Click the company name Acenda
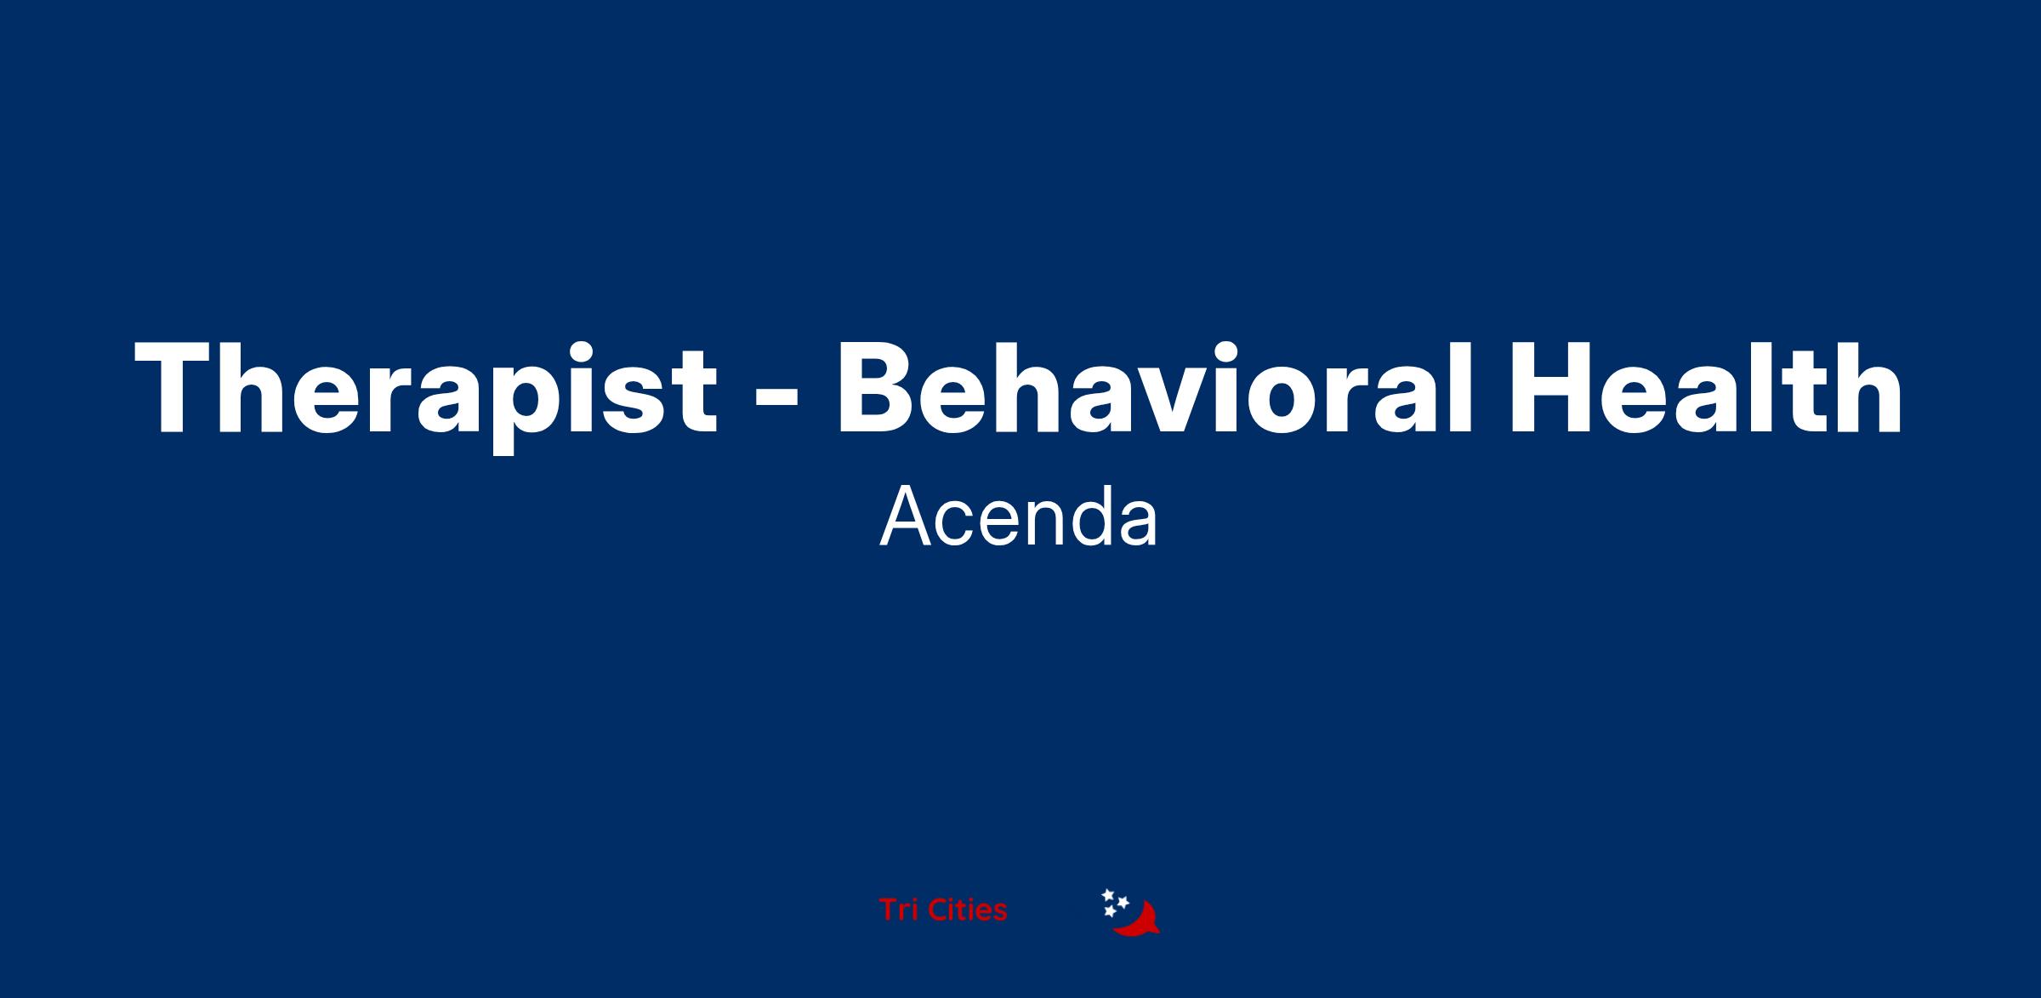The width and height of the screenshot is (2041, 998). click(1019, 516)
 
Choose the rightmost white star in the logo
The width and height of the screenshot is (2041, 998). click(1123, 902)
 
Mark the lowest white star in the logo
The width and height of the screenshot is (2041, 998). click(1109, 911)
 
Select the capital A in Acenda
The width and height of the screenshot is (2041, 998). click(906, 517)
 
